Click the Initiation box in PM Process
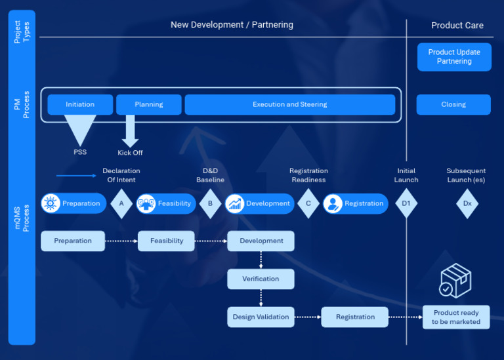pyautogui.click(x=80, y=104)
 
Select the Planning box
pyautogui.click(x=148, y=104)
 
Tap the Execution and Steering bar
pyautogui.click(x=289, y=104)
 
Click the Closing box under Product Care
pyautogui.click(x=453, y=104)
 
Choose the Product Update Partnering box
pyautogui.click(x=454, y=57)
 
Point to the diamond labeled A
pyautogui.click(x=121, y=203)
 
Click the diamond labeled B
pyautogui.click(x=210, y=203)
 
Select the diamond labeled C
pyautogui.click(x=308, y=203)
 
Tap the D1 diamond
pyautogui.click(x=406, y=203)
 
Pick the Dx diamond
pyautogui.click(x=467, y=203)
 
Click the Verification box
pyautogui.click(x=261, y=279)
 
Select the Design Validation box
pyautogui.click(x=261, y=317)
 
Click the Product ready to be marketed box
pyautogui.click(x=456, y=317)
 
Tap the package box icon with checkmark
pyautogui.click(x=455, y=281)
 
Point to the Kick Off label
pyautogui.click(x=130, y=153)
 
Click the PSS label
pyautogui.click(x=80, y=152)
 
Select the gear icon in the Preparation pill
pyautogui.click(x=51, y=203)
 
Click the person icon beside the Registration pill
pyautogui.click(x=333, y=203)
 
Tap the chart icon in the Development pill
pyautogui.click(x=235, y=203)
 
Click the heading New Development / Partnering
pyautogui.click(x=232, y=25)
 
